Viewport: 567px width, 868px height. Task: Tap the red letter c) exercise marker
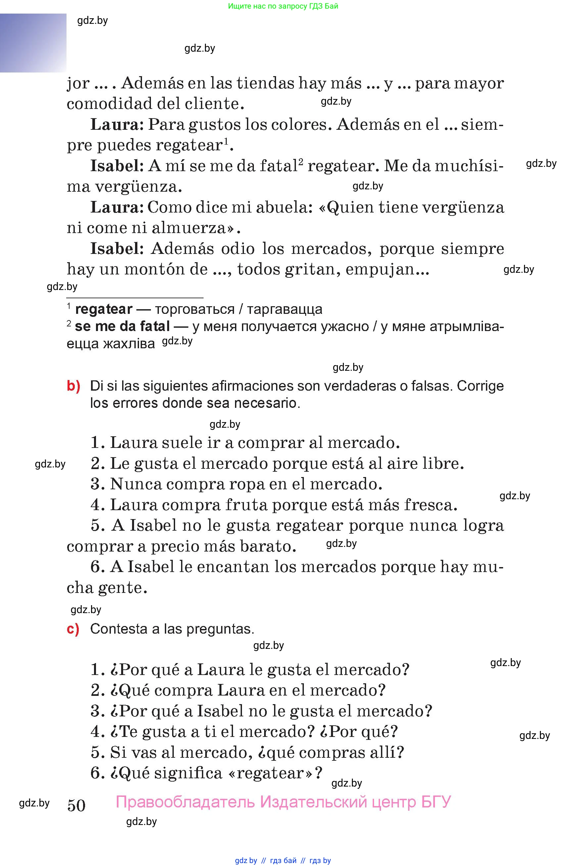pos(73,629)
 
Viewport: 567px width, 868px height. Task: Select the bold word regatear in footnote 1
pos(104,309)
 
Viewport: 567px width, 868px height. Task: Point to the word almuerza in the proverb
pos(193,228)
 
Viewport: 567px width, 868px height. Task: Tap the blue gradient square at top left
pos(33,43)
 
